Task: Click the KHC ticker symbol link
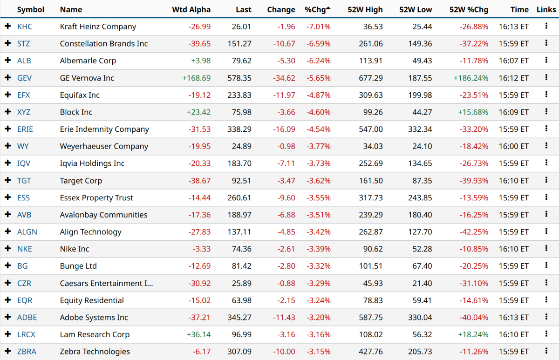[25, 27]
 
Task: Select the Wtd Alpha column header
[191, 10]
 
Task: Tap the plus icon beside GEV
[7, 78]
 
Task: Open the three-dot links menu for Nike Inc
[546, 249]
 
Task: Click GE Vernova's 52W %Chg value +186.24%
[471, 78]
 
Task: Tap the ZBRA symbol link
[27, 352]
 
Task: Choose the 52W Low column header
[416, 10]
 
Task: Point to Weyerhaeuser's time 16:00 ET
[513, 146]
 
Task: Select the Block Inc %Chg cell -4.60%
[319, 112]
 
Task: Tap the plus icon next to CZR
[7, 283]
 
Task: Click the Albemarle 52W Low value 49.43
[422, 61]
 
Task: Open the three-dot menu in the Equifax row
[546, 95]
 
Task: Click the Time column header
[519, 10]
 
